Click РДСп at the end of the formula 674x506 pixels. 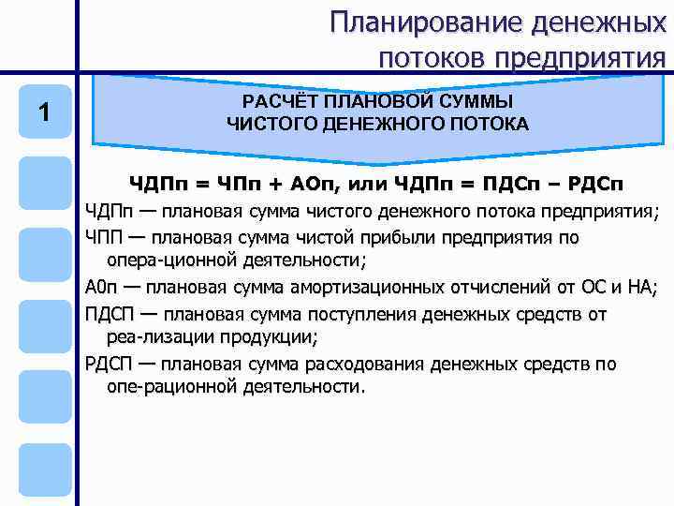point(595,183)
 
